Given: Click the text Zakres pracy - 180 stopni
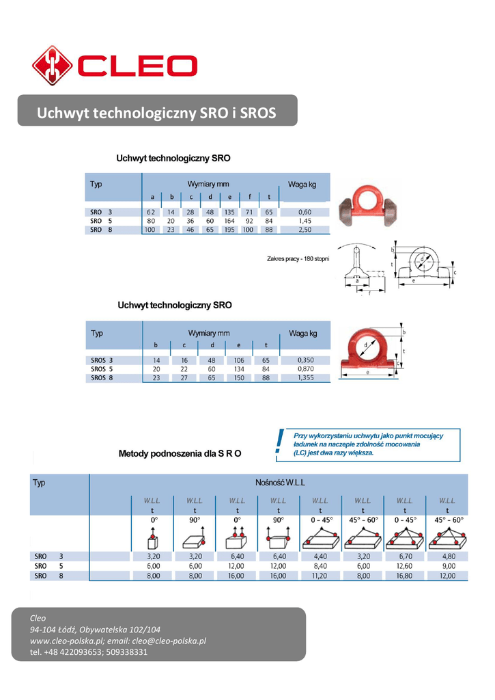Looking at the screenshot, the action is pyautogui.click(x=298, y=258).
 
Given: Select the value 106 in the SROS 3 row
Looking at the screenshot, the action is pyautogui.click(x=238, y=360).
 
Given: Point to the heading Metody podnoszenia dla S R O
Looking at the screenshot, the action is pyautogui.click(x=180, y=453).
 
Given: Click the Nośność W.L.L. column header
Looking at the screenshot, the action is pyautogui.click(x=280, y=482).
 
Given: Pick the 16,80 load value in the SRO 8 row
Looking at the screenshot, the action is pyautogui.click(x=404, y=576).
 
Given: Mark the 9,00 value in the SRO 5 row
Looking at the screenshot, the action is pyautogui.click(x=447, y=566).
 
